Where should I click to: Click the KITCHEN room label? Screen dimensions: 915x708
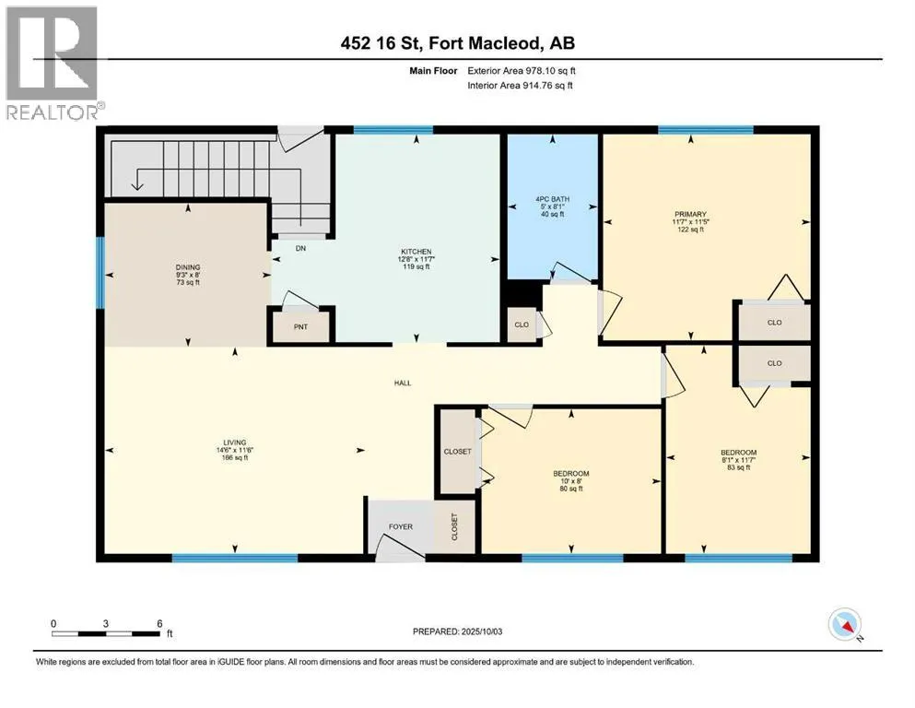click(x=416, y=252)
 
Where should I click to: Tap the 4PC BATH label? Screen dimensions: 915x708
click(x=552, y=199)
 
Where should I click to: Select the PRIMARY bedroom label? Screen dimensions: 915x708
click(x=690, y=214)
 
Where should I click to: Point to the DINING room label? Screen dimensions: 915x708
click(x=188, y=267)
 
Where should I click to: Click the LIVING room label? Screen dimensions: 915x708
click(x=235, y=442)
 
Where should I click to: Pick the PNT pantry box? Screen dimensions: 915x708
click(x=300, y=326)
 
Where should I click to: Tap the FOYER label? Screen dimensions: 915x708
click(x=401, y=526)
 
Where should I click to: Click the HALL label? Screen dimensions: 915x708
click(x=403, y=383)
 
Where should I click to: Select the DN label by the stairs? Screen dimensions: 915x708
click(x=300, y=248)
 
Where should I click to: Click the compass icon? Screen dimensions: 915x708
click(x=845, y=624)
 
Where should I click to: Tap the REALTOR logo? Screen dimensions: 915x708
click(x=53, y=63)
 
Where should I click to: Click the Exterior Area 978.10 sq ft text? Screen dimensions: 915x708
click(x=522, y=71)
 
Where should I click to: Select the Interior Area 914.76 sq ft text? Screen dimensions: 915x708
click(x=520, y=85)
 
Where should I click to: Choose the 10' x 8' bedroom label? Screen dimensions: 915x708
click(x=571, y=481)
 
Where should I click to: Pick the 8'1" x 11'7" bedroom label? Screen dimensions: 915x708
click(x=738, y=460)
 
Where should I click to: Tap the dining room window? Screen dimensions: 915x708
click(x=100, y=272)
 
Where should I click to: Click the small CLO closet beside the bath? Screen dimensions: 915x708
click(x=522, y=324)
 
